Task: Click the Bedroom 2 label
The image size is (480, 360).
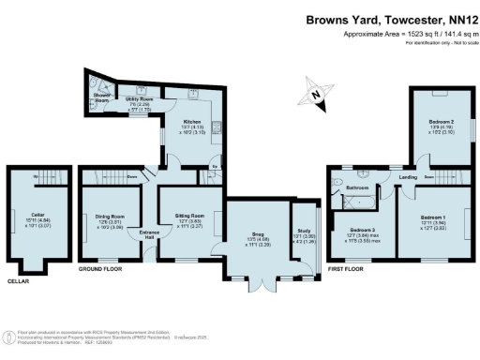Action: (440, 123)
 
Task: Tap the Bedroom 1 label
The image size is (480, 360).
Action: (432, 219)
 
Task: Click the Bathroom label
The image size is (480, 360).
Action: (355, 187)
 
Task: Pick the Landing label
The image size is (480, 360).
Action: (408, 176)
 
